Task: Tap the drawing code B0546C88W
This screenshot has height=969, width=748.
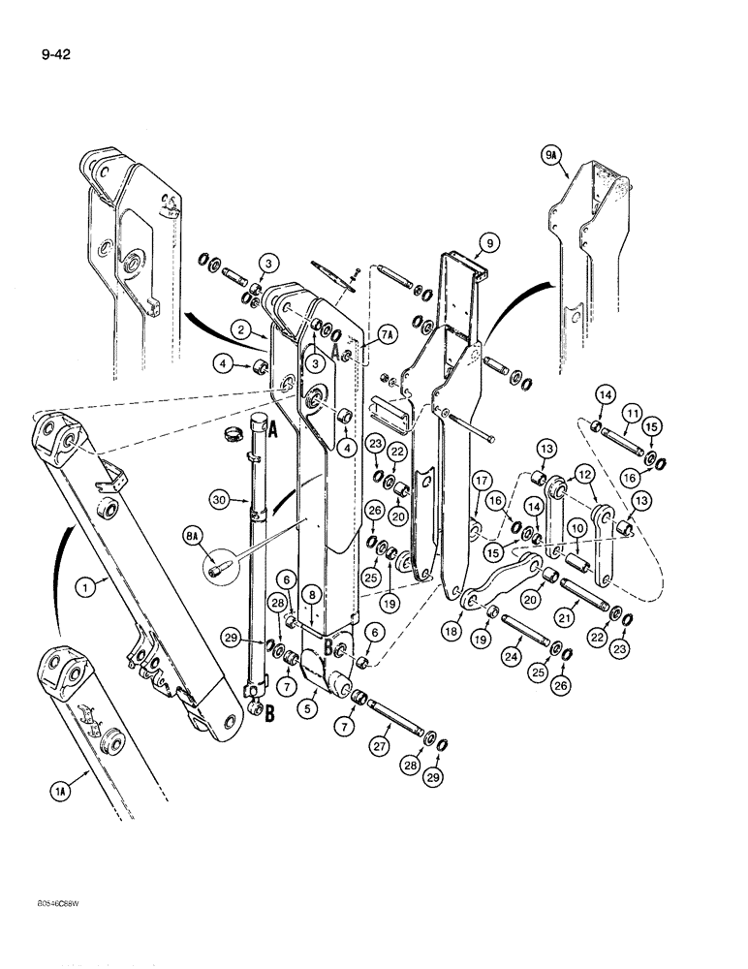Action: click(x=56, y=902)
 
